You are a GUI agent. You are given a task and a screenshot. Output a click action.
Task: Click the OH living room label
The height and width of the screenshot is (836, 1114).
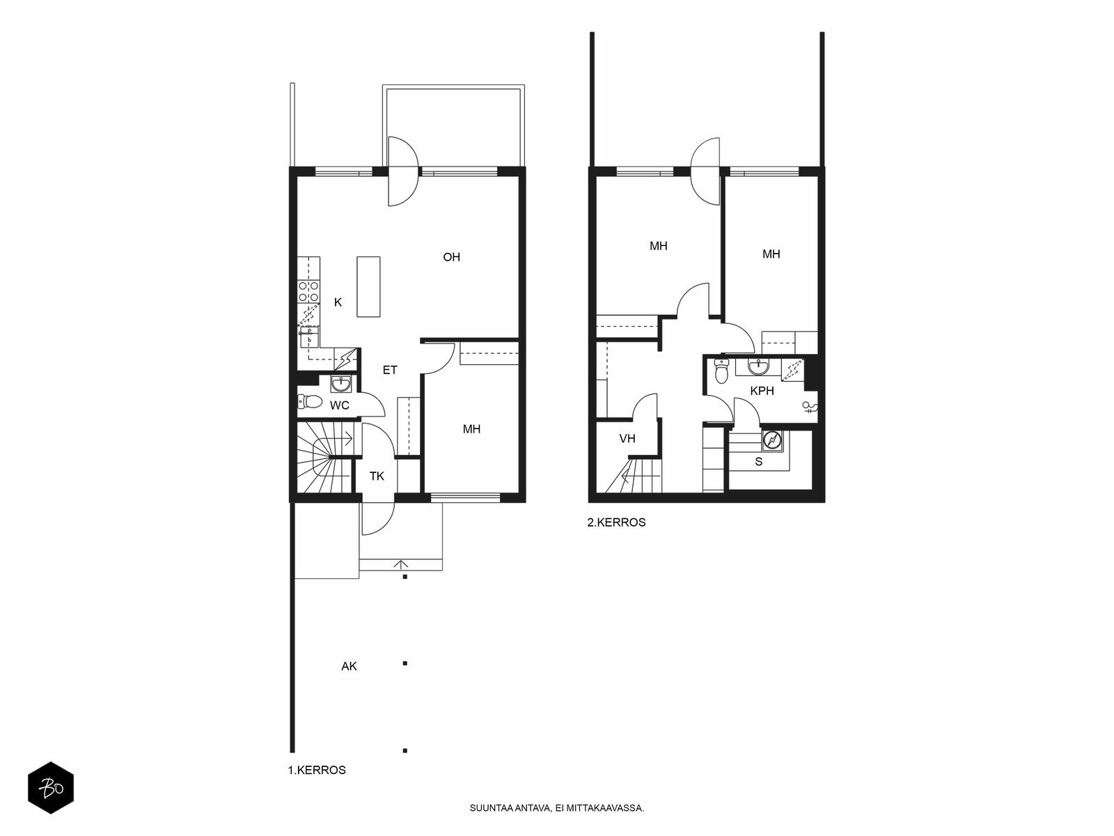click(x=451, y=257)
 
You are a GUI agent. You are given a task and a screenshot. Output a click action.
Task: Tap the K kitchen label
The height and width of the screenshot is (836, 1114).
click(x=338, y=302)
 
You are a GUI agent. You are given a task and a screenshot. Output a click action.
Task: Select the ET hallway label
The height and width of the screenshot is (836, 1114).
click(x=390, y=371)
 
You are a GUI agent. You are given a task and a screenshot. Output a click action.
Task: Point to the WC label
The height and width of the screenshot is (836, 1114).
click(x=340, y=405)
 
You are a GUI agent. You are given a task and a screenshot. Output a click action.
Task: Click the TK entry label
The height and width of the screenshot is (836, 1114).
click(x=377, y=476)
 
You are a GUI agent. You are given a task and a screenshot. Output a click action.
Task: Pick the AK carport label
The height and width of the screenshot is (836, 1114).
click(x=350, y=666)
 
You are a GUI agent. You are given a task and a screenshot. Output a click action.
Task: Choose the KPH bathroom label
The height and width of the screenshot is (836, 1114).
click(x=762, y=391)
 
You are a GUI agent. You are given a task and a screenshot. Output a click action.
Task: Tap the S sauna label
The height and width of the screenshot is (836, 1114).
click(x=759, y=461)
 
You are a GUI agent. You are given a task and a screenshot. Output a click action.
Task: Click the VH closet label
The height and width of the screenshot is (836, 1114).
click(x=627, y=439)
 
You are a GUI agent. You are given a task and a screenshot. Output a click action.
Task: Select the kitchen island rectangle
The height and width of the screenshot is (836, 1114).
click(x=368, y=287)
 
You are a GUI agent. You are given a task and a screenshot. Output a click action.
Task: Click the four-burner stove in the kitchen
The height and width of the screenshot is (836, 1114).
click(x=308, y=292)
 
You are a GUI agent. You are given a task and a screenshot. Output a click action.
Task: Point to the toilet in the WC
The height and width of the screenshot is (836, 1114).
click(x=310, y=402)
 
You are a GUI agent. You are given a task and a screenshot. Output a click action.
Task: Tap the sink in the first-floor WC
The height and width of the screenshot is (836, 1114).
click(x=340, y=385)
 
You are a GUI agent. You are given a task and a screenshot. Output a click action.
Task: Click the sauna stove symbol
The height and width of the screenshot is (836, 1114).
click(x=772, y=440)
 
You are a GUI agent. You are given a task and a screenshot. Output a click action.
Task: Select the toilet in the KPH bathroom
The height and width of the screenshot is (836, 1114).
click(x=721, y=371)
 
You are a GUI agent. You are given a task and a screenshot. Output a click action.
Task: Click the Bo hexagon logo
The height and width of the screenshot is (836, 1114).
click(x=51, y=788)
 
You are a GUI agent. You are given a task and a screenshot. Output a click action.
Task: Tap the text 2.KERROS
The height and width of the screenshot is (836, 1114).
click(x=616, y=522)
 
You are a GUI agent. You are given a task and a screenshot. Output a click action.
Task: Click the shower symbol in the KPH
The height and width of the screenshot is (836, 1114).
click(x=809, y=407)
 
